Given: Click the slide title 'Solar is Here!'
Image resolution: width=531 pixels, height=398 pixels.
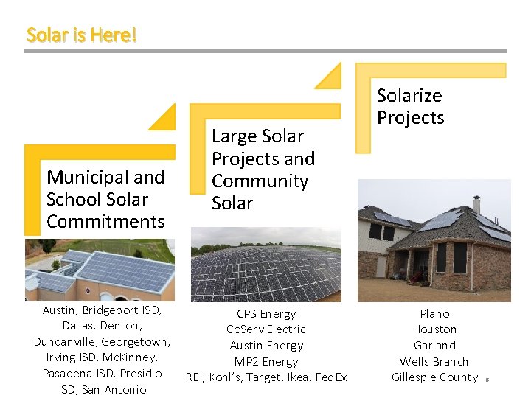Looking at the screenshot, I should [82, 35].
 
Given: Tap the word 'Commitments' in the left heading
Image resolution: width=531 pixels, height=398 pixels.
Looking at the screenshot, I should [105, 221].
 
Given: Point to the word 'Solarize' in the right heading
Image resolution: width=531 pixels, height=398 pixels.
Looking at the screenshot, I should [409, 95].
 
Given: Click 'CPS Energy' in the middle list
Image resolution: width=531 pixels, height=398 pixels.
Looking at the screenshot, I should [266, 314].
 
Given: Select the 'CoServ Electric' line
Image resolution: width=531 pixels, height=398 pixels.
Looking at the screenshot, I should [266, 329].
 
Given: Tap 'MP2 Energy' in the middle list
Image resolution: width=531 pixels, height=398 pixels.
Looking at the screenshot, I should [266, 361].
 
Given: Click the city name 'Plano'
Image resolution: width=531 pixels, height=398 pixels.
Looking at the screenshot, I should [434, 314].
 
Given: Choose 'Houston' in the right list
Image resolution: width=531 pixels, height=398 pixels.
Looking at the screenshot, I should [434, 329].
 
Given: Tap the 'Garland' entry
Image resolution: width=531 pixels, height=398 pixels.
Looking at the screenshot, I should [434, 345].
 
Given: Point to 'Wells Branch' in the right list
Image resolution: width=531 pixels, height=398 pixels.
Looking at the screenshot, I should [434, 361].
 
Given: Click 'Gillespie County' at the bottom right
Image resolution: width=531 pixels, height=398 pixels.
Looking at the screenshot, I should [434, 377].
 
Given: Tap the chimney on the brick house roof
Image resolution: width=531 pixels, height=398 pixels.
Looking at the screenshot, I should [476, 204].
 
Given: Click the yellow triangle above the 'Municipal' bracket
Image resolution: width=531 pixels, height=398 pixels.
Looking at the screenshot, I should [165, 119].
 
